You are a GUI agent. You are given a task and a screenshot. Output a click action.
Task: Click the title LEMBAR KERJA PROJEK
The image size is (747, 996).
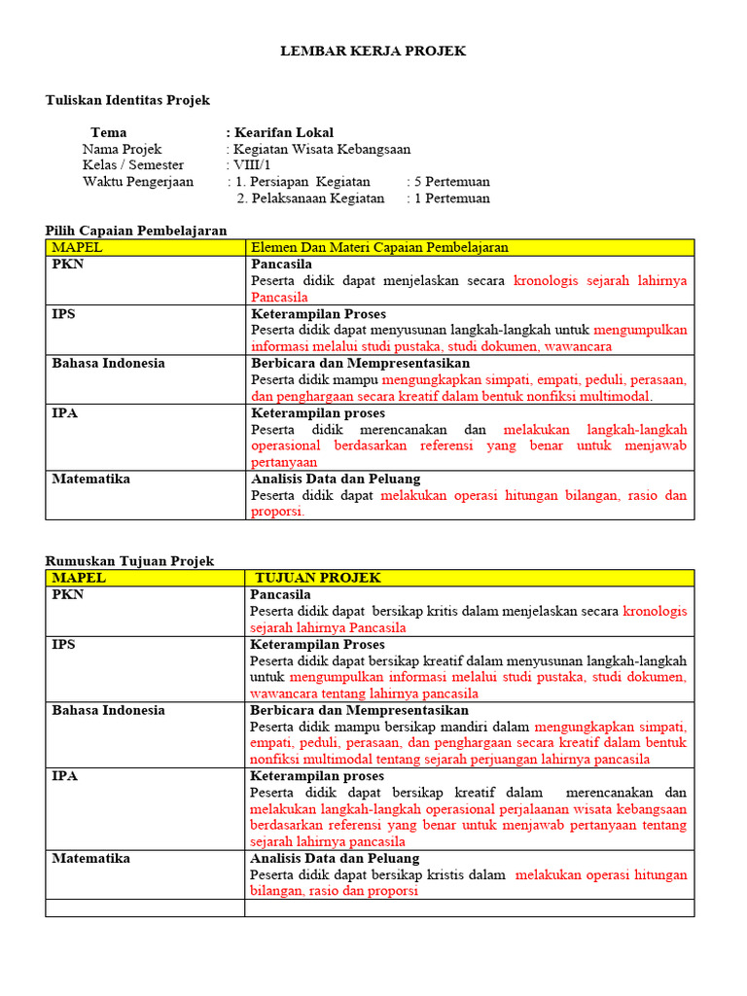[373, 52]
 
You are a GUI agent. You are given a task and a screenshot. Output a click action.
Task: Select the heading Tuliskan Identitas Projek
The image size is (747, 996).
[128, 100]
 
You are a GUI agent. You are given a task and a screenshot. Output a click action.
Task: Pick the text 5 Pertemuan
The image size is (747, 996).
[452, 182]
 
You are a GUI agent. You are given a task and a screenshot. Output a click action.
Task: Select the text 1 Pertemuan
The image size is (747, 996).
[452, 198]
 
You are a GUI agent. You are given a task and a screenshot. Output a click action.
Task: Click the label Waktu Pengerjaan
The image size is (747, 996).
[138, 182]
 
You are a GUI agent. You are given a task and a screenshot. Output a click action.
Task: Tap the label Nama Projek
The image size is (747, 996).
[123, 149]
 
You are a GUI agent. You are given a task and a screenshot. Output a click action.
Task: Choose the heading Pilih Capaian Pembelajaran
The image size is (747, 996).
[137, 231]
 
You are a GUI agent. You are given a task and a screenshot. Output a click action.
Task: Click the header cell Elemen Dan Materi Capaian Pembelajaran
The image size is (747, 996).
[380, 248]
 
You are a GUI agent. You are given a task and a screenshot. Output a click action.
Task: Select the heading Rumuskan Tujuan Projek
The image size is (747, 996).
[130, 561]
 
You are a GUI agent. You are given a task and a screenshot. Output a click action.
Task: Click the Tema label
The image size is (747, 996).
[108, 132]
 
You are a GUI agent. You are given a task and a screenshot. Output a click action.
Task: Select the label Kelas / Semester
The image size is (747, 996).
[133, 165]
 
